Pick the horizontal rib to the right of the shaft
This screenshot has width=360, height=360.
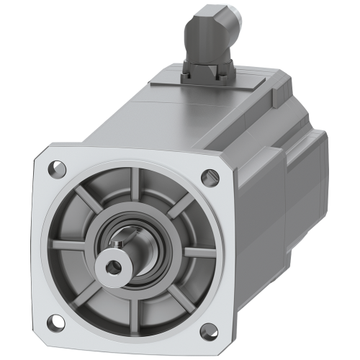tap(191, 256)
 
